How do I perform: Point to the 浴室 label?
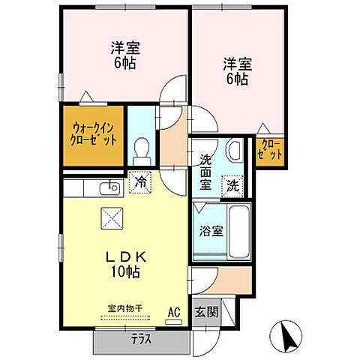point(211,231)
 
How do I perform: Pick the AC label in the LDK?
point(174,311)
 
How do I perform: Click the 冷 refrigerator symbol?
point(139,180)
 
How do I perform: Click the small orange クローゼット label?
point(270,149)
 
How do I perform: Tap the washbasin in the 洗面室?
point(233,151)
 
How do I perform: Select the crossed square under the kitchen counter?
point(110,218)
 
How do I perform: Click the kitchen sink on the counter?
point(112,187)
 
